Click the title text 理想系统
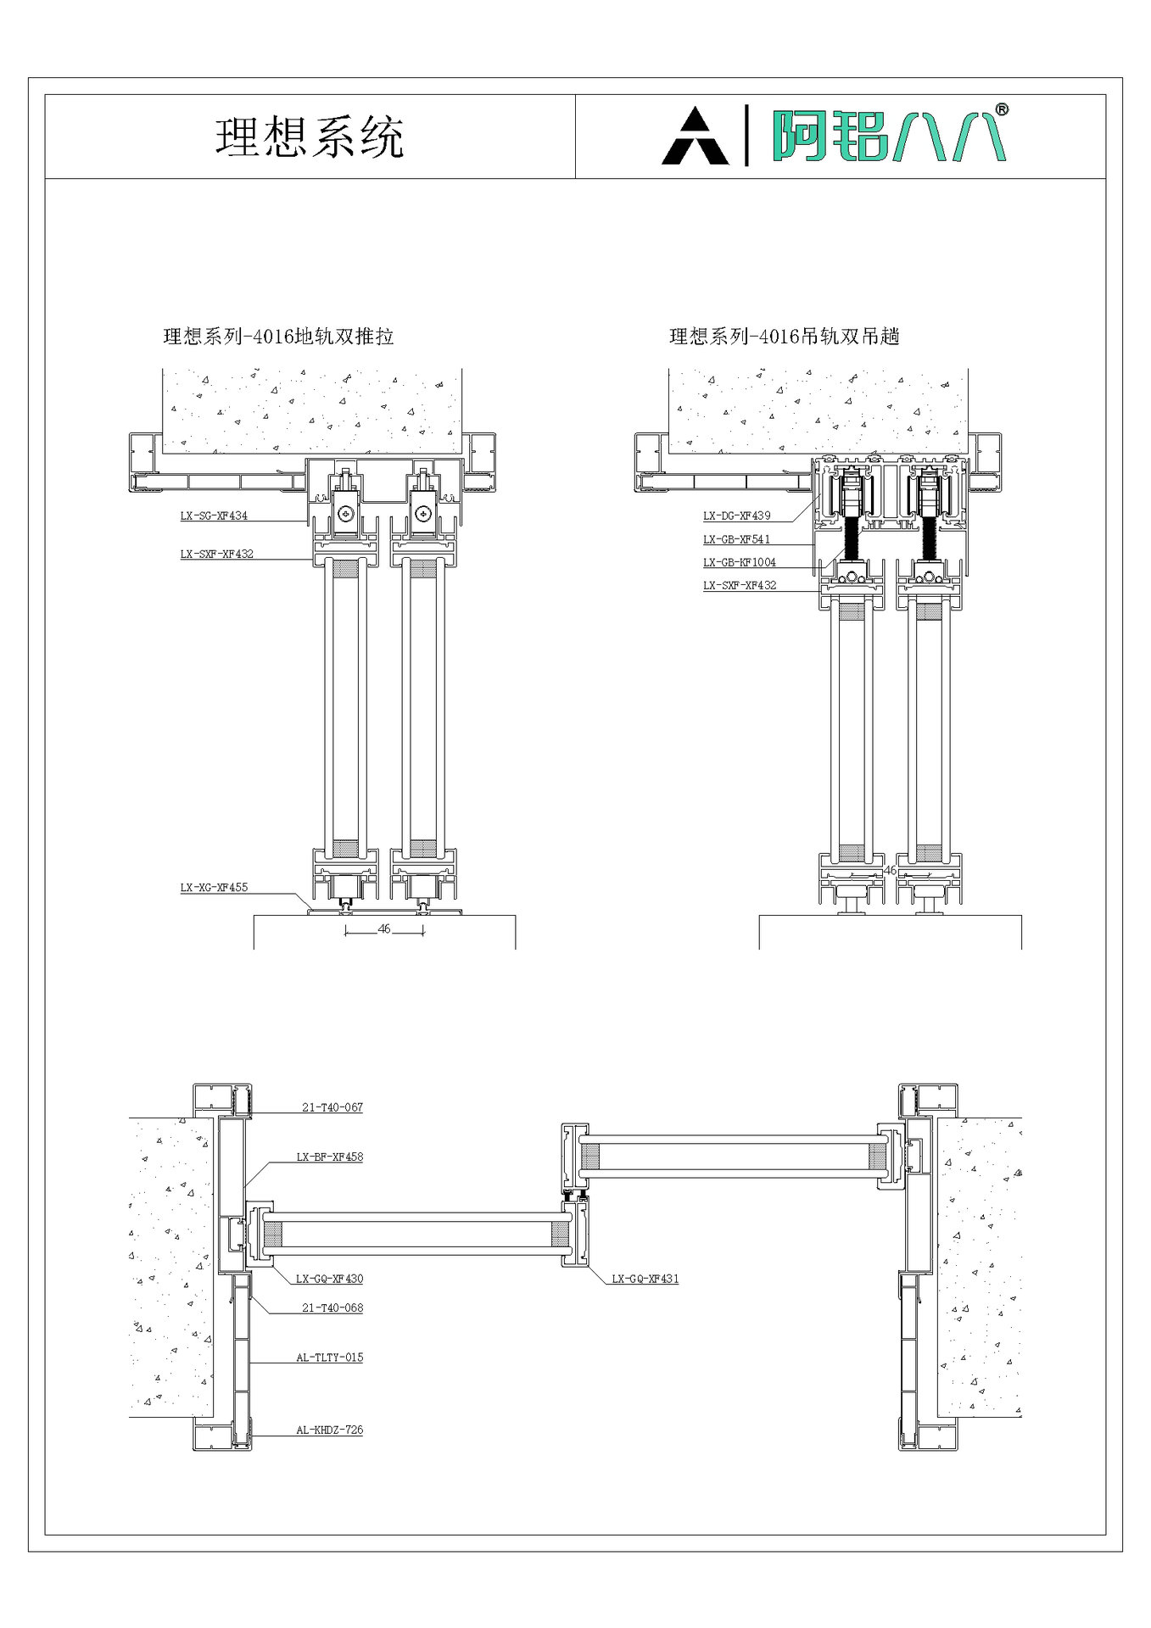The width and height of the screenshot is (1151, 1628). pyautogui.click(x=309, y=137)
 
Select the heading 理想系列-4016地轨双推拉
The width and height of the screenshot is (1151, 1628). pyautogui.click(x=278, y=337)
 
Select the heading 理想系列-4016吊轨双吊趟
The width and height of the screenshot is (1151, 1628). pyautogui.click(x=784, y=337)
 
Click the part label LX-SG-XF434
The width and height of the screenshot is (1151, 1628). pyautogui.click(x=214, y=516)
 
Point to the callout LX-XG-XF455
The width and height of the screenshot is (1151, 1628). pyautogui.click(x=214, y=888)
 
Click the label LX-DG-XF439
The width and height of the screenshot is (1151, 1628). pyautogui.click(x=736, y=516)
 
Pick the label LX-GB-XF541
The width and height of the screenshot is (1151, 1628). pyautogui.click(x=736, y=539)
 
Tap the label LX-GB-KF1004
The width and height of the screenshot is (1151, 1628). pyautogui.click(x=739, y=562)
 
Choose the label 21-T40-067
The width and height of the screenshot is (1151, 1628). pyautogui.click(x=332, y=1107)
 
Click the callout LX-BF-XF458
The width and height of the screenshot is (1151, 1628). pyautogui.click(x=329, y=1157)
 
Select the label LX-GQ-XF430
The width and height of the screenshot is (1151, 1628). pyautogui.click(x=329, y=1279)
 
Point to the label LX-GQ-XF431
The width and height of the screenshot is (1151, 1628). pyautogui.click(x=645, y=1279)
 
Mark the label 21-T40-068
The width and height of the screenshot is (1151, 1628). pyautogui.click(x=332, y=1307)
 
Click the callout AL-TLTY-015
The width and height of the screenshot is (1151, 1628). pyautogui.click(x=329, y=1357)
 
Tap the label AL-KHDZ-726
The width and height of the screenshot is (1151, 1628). pyautogui.click(x=329, y=1430)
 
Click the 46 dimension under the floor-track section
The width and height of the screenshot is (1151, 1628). pyautogui.click(x=384, y=929)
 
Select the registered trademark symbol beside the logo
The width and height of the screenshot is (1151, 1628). pyautogui.click(x=1001, y=109)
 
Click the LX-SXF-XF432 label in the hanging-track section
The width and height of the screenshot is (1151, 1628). pyautogui.click(x=739, y=585)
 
